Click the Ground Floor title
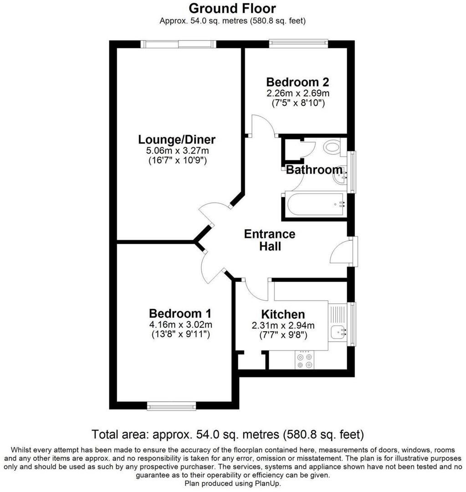tap(232, 8)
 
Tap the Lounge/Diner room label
tap(177, 139)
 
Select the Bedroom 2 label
tap(297, 82)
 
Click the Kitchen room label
tap(283, 314)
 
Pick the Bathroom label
tap(314, 170)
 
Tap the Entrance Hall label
tap(270, 240)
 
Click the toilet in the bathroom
tap(332, 147)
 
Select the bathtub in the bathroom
tap(315, 205)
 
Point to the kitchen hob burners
tap(305, 360)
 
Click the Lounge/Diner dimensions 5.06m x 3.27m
tap(177, 151)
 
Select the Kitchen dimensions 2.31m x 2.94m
tap(283, 326)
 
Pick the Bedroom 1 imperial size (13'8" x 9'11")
tap(180, 334)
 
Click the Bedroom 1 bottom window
tap(171, 405)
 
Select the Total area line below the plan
tap(228, 433)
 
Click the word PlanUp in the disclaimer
tap(269, 483)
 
